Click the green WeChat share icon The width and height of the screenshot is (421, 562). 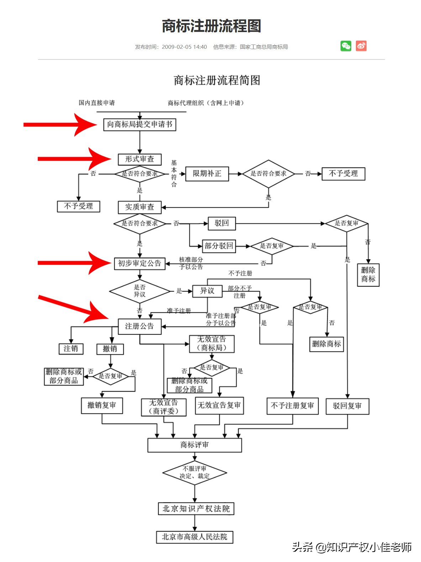click(346, 46)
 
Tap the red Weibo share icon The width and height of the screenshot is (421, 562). click(361, 46)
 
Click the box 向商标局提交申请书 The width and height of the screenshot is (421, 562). click(140, 124)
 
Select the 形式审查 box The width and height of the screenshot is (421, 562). click(140, 159)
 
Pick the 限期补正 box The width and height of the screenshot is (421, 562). click(207, 174)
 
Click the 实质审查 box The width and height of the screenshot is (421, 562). click(140, 207)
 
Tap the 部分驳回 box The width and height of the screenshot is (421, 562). click(219, 246)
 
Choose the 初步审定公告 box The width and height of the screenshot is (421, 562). click(140, 264)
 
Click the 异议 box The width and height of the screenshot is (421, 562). click(207, 291)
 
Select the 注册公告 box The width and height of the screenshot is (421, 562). click(140, 326)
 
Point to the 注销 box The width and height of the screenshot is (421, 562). click(71, 349)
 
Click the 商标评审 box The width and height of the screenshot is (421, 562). click(195, 445)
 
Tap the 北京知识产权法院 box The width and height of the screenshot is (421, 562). click(196, 509)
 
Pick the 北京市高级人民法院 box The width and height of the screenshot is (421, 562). click(195, 537)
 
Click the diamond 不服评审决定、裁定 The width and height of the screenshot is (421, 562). click(195, 473)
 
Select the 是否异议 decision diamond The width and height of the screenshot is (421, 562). click(140, 291)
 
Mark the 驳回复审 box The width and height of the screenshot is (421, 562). click(347, 406)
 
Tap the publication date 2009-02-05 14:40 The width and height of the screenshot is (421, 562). click(184, 47)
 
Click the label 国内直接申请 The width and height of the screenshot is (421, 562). click(97, 103)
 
